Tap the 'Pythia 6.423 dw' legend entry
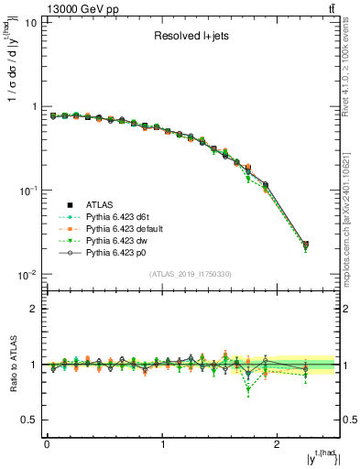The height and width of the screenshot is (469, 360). click(x=121, y=241)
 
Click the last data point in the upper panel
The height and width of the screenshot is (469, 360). click(x=305, y=245)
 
